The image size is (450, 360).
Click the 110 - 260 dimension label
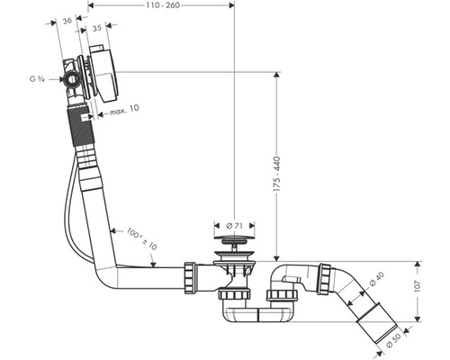pos(163,5)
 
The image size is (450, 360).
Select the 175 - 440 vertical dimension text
pos(277,174)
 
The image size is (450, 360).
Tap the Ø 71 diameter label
pos(234,226)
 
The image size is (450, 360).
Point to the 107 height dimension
pos(418,286)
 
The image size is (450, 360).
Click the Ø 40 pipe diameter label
pos(376,279)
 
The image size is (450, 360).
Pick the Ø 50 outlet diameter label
pos(393,340)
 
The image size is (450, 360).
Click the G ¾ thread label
pos(37,79)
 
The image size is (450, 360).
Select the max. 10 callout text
pos(124,110)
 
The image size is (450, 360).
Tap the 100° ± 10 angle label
pos(141,239)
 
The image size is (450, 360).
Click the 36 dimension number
pos(67,21)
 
